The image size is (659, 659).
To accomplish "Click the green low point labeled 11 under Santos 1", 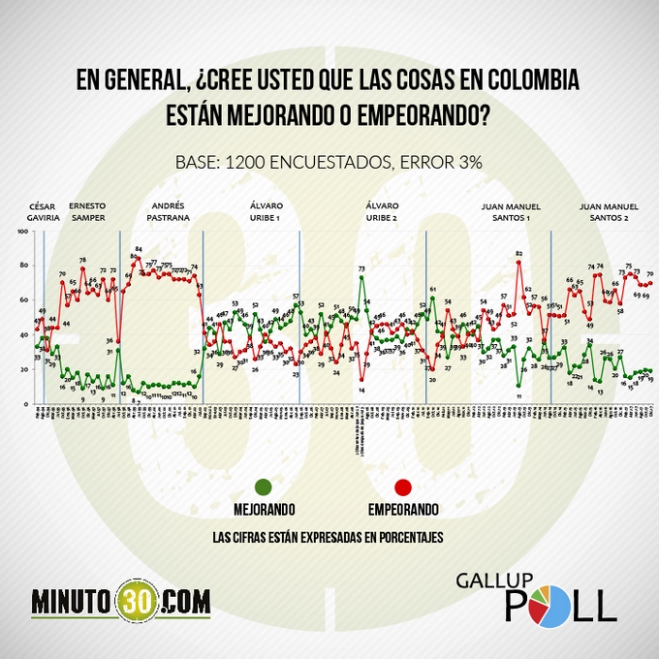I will (x=519, y=386).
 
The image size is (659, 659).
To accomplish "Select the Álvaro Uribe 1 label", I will (x=265, y=211).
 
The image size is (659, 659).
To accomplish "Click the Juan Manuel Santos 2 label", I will (x=610, y=211).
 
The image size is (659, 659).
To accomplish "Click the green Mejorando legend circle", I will (x=264, y=487).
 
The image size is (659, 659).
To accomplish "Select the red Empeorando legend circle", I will (x=403, y=487).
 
